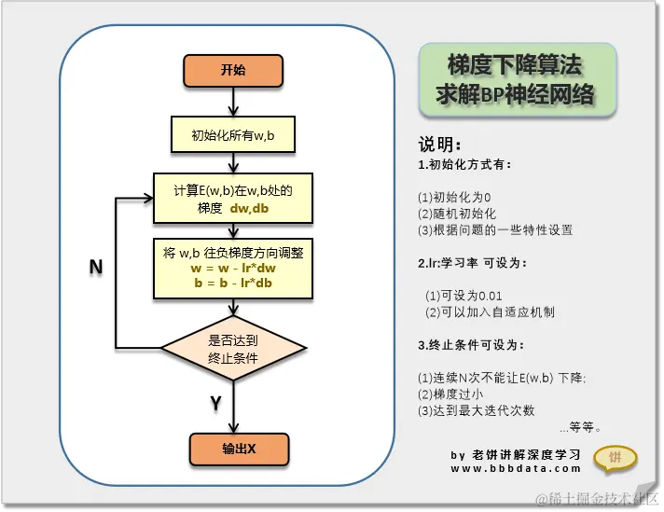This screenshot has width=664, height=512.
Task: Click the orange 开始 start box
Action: pyautogui.click(x=232, y=70)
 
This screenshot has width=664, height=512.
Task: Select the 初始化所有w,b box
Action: pyautogui.click(x=232, y=136)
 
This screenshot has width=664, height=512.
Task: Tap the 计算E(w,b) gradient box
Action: pyautogui.click(x=232, y=198)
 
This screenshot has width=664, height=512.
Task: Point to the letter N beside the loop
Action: pyautogui.click(x=95, y=268)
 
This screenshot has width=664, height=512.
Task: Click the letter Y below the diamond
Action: pyautogui.click(x=215, y=404)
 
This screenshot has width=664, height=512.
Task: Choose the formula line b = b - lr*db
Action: pyautogui.click(x=233, y=283)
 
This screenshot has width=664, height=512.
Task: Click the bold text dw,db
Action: pyautogui.click(x=249, y=209)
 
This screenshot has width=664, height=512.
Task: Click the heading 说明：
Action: pyautogui.click(x=439, y=145)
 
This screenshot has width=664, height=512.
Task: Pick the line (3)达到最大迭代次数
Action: pyautogui.click(x=477, y=410)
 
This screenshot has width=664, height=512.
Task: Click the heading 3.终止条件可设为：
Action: pyautogui.click(x=471, y=345)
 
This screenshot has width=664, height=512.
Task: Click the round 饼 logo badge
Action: pyautogui.click(x=616, y=457)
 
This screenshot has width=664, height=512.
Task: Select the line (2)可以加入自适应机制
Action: pyautogui.click(x=490, y=311)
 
